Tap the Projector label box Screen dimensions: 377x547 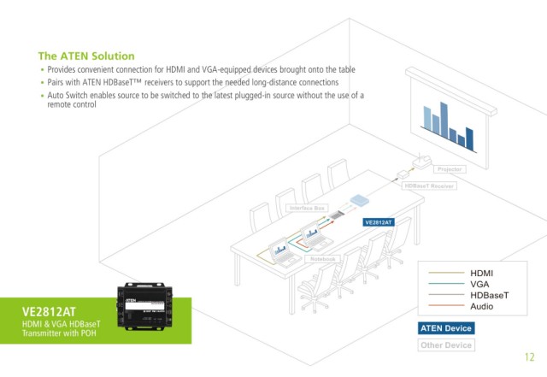coord(450,169)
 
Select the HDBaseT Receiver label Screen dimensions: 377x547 coord(430,186)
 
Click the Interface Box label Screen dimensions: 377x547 coord(308,208)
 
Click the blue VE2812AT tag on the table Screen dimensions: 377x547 coord(378,222)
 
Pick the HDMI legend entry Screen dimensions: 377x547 coord(482,272)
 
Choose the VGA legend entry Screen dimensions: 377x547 coord(479,283)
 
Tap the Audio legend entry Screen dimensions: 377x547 coord(482,305)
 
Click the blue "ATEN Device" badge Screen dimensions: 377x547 coord(446,328)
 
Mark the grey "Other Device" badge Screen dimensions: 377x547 coord(446,345)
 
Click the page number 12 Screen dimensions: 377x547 coord(529,356)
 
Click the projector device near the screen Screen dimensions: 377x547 coord(422,160)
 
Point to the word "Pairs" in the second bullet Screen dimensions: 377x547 coord(57,82)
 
